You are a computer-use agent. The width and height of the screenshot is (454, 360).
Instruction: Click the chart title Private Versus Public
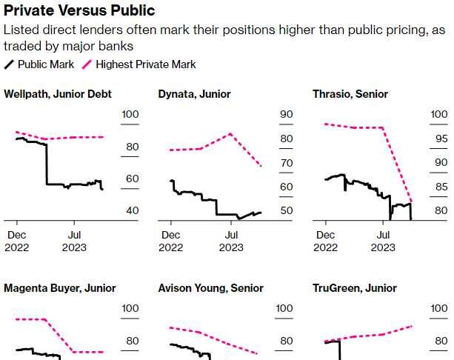coord(79,10)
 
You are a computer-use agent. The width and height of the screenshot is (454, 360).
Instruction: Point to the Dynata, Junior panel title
coord(194,94)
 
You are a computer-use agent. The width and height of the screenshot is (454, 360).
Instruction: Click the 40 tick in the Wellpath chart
coord(133,211)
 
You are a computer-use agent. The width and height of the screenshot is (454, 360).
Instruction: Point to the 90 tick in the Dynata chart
coord(287,115)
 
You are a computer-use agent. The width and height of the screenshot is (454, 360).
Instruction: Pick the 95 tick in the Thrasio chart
coord(441,139)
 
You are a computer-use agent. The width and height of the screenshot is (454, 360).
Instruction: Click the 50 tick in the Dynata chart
coord(287,211)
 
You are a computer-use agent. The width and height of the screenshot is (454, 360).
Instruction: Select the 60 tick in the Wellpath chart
coord(133,179)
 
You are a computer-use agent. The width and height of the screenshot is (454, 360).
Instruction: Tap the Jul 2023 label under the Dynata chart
coord(231,241)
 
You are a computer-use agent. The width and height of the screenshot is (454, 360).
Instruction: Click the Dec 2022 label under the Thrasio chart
coord(324,241)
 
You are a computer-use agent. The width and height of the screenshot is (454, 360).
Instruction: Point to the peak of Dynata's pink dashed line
coord(231,133)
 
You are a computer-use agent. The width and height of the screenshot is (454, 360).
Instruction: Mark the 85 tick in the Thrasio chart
coord(441,187)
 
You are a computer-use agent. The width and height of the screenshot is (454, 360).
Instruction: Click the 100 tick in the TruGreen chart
coord(441,309)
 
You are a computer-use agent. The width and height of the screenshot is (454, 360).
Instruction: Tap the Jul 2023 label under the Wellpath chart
coord(72,241)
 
